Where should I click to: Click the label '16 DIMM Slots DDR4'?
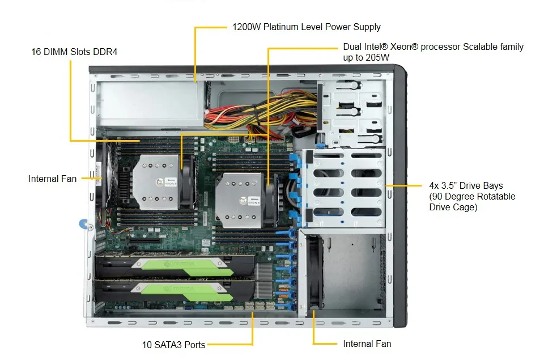(74, 52)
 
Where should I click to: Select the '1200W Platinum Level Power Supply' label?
(307, 27)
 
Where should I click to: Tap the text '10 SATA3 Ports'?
(173, 345)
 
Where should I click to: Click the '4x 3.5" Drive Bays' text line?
(466, 185)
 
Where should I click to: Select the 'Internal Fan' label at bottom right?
(367, 344)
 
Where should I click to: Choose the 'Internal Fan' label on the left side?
(52, 179)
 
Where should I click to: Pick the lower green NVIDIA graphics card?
(173, 291)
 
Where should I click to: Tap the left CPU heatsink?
(155, 182)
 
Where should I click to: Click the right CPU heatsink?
(239, 200)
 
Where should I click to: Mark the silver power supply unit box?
(149, 103)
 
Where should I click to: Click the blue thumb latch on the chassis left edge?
(84, 224)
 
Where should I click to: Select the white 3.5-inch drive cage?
(343, 188)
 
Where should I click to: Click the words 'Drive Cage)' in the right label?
(453, 207)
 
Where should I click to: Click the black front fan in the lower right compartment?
(315, 272)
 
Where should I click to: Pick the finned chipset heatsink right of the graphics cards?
(263, 281)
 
